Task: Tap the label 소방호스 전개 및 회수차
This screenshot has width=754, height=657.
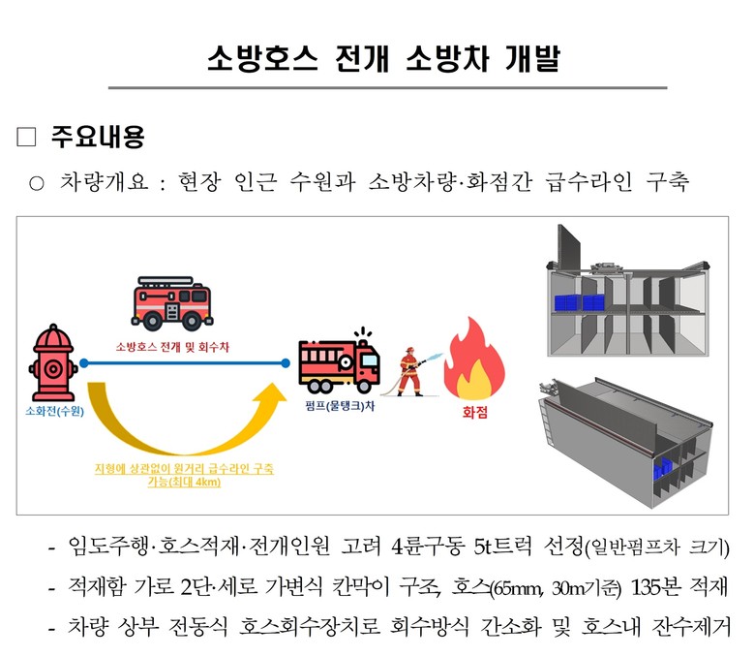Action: tap(174, 345)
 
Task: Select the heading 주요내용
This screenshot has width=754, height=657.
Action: tap(98, 138)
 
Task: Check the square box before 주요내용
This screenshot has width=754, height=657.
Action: tap(26, 138)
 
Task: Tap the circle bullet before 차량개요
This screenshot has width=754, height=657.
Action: tap(37, 182)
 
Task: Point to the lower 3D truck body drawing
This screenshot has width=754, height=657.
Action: tap(629, 436)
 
